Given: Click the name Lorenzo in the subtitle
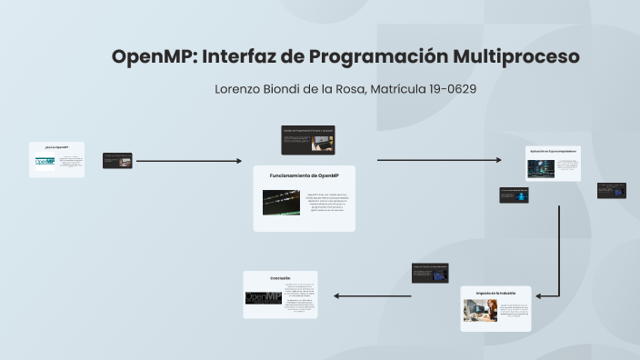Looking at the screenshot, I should click(240, 89).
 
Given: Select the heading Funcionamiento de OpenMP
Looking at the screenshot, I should click(304, 175).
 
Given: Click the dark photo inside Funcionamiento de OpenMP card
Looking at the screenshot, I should click(281, 202).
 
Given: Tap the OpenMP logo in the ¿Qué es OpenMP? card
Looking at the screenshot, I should click(45, 163).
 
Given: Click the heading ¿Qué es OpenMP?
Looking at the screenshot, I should click(55, 146).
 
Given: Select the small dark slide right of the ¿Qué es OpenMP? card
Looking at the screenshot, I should click(117, 161).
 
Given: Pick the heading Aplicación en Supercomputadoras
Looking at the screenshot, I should click(553, 151).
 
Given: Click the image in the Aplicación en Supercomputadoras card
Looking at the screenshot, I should click(540, 167).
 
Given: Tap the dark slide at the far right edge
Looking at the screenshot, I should click(611, 191).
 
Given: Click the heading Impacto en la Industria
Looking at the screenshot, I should click(495, 293).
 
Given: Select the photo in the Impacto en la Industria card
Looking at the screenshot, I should click(480, 311).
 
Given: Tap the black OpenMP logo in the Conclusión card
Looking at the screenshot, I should click(263, 298).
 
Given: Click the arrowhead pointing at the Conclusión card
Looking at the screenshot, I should click(337, 295).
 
